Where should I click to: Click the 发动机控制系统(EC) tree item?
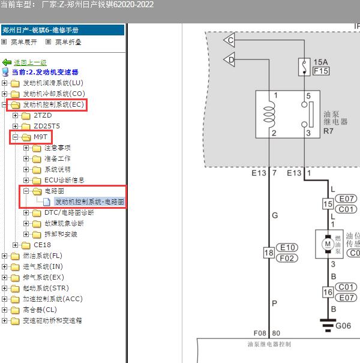(53, 105)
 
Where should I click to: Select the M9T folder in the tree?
(40, 137)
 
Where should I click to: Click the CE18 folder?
(42, 245)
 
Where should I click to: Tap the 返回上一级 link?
(30, 62)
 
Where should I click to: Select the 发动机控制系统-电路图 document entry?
(89, 202)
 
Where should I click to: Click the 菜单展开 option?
(23, 43)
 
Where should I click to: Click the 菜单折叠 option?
(68, 43)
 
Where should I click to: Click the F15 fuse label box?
(321, 71)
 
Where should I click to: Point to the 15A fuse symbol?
(304, 65)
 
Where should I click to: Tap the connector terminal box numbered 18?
(268, 253)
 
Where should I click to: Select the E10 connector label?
(288, 247)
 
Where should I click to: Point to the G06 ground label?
(343, 326)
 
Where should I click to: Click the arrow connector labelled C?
(230, 40)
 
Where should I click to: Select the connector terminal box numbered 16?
(328, 292)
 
